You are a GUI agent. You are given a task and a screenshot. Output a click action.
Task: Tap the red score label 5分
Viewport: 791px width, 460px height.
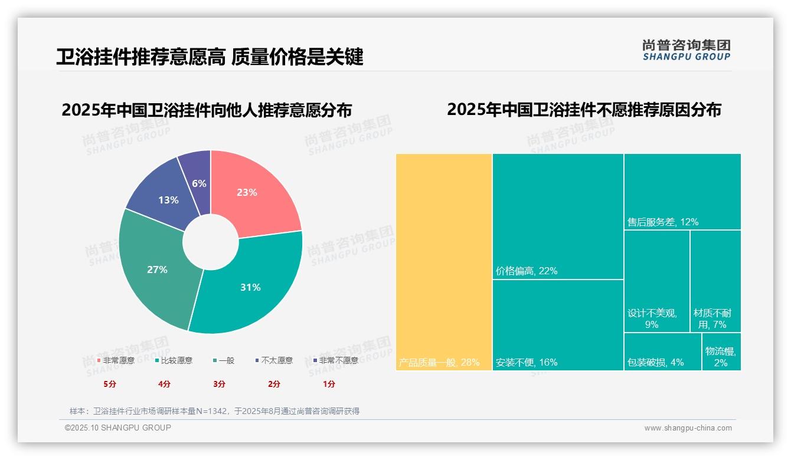110,384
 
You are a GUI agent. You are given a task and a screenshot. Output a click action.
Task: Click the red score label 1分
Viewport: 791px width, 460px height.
329,384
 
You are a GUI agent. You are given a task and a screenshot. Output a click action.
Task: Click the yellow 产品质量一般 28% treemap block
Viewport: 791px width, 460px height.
444,262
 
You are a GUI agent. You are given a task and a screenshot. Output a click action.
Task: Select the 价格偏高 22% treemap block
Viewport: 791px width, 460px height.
558,216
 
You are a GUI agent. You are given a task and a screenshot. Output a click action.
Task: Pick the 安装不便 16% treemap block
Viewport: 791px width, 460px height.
558,324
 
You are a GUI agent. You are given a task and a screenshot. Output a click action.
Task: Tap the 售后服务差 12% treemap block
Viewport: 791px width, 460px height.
682,191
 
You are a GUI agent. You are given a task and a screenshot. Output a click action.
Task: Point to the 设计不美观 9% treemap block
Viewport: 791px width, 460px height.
656,281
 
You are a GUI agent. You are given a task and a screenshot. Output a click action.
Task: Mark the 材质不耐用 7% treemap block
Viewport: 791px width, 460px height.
715,281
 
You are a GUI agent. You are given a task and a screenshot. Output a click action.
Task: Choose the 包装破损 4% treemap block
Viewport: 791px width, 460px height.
662,351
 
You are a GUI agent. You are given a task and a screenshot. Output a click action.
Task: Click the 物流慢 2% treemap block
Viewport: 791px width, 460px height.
721,351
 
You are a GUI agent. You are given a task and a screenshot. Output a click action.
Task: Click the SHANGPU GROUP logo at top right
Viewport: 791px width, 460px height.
686,50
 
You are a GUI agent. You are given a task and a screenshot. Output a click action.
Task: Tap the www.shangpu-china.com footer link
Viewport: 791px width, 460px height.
688,428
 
